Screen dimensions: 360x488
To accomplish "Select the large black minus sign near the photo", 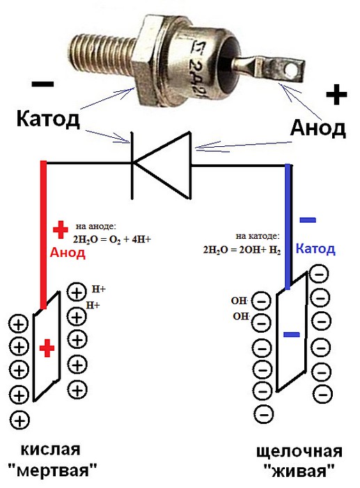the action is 42,84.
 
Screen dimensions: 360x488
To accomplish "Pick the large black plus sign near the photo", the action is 336,94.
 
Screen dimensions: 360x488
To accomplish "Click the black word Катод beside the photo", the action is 48,119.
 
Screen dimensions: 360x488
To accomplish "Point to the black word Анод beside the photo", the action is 318,128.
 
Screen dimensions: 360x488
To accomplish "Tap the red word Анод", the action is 68,253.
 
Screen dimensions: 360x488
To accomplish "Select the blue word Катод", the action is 315,249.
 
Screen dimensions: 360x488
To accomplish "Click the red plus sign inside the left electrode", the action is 47,348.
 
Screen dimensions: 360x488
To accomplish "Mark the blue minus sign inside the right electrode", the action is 292,335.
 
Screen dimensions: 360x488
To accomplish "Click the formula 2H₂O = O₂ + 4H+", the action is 112,239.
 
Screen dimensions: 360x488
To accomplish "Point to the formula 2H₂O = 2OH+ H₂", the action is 242,250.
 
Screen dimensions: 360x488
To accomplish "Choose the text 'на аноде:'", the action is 95,226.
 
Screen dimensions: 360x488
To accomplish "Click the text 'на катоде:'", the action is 258,236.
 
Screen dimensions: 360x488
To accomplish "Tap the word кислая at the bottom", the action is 50,450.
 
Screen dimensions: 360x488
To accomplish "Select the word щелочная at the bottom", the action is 299,452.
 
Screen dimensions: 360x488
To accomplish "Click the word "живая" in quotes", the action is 299,471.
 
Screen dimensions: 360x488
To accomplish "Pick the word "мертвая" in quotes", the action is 52,469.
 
